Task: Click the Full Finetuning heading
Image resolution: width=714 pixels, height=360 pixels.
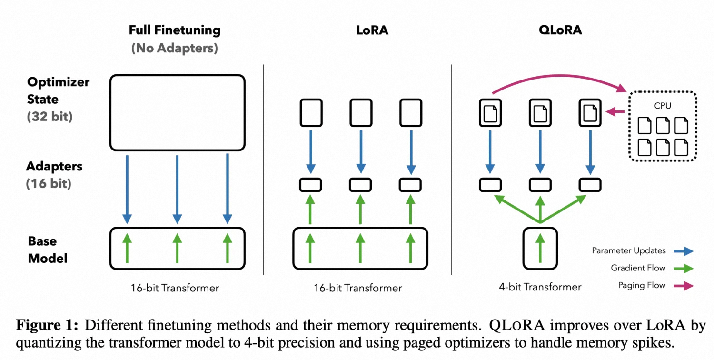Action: click(x=175, y=30)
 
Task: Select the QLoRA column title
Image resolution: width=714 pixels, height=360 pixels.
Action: click(x=560, y=30)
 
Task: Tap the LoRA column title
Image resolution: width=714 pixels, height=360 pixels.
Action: click(x=372, y=30)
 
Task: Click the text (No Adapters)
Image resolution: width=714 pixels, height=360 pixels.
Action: click(x=175, y=48)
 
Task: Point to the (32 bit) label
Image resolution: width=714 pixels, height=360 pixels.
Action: click(x=50, y=117)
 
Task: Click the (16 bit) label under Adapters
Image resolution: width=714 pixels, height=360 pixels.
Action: click(x=49, y=184)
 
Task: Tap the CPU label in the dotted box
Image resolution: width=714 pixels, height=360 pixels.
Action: click(x=663, y=106)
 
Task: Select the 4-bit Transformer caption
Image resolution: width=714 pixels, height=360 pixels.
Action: click(x=540, y=287)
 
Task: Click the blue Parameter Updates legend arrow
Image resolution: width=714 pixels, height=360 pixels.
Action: click(x=684, y=251)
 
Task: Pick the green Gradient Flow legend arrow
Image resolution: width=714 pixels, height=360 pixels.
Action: click(x=684, y=269)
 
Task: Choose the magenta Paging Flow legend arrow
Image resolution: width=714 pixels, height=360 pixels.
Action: click(x=684, y=286)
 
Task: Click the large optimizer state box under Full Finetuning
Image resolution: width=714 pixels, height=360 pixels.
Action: click(x=177, y=112)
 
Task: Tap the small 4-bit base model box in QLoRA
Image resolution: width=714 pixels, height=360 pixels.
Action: click(x=540, y=249)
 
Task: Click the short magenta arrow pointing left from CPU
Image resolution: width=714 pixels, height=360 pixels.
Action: click(x=615, y=111)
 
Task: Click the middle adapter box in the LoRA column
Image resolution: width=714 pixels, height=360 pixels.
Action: click(x=360, y=185)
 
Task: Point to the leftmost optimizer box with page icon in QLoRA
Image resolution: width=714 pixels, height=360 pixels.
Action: click(x=490, y=113)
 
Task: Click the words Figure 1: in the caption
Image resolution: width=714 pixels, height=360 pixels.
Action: click(x=47, y=325)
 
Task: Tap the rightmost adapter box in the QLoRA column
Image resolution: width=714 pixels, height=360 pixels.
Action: click(x=590, y=185)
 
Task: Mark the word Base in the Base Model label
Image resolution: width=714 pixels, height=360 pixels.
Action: click(x=42, y=241)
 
